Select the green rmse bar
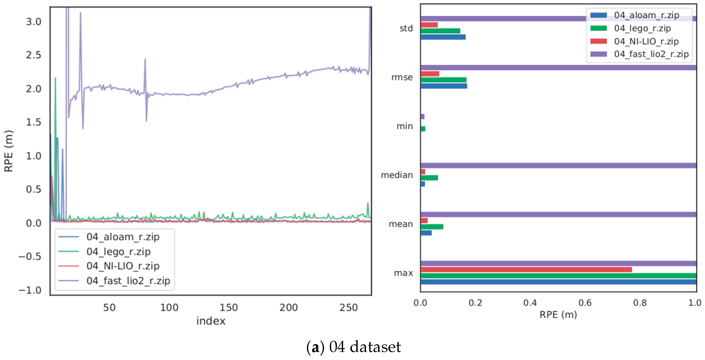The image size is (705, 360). [x=443, y=80]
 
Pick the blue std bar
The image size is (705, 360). [x=443, y=37]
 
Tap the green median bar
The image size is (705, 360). [x=429, y=178]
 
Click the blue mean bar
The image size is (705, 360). [x=426, y=233]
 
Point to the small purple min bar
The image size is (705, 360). [x=423, y=117]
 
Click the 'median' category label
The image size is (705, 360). [x=397, y=175]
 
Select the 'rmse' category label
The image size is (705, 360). [x=402, y=77]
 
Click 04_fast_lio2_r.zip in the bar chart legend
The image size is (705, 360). [x=651, y=54]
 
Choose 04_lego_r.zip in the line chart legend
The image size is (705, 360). [x=118, y=251]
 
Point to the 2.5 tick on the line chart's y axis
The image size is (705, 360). [x=33, y=55]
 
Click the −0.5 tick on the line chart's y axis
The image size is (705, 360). [x=29, y=257]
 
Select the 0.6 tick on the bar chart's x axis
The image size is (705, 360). [x=585, y=303]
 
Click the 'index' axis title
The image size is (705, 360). [x=211, y=321]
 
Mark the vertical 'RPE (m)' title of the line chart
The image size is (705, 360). [x=8, y=151]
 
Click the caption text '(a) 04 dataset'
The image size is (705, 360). [x=353, y=347]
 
